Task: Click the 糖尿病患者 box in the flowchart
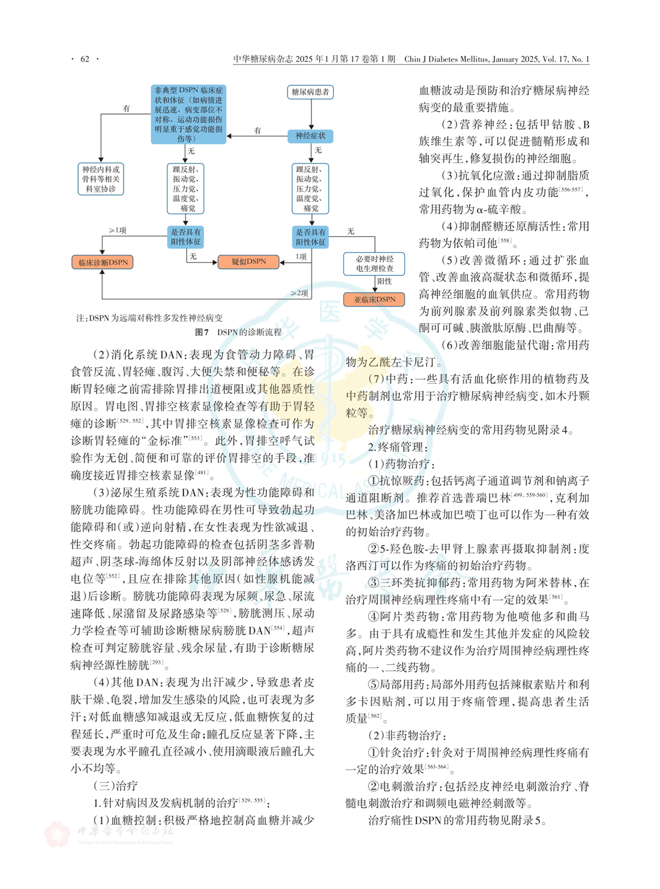pos(310,92)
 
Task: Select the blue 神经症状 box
pos(310,136)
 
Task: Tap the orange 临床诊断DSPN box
pos(103,262)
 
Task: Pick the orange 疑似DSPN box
pos(248,262)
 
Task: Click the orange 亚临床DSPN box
pos(374,299)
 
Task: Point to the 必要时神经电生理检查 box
pos(374,264)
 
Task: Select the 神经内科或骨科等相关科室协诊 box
pos(101,179)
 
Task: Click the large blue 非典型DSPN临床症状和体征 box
pos(188,114)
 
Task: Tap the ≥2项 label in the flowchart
pos(299,293)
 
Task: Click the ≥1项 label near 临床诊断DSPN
pos(117,230)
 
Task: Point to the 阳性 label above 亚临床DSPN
pos(384,281)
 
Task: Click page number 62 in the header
pos(85,59)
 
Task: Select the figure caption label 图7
pos(202,332)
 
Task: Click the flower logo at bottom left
pos(58,834)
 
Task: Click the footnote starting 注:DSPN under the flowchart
pos(149,318)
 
